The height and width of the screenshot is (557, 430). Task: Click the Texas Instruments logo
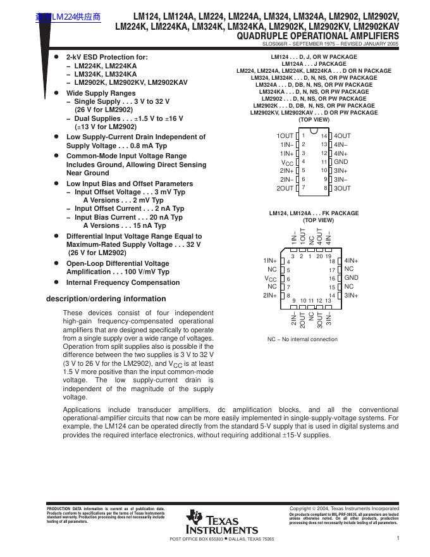(x=221, y=521)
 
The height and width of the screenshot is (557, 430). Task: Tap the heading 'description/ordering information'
(x=106, y=299)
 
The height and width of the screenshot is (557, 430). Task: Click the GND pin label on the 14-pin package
(x=341, y=162)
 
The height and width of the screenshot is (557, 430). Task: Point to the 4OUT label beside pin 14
(x=342, y=136)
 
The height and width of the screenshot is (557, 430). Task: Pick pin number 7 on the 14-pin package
(x=303, y=188)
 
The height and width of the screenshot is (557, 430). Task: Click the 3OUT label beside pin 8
(x=342, y=188)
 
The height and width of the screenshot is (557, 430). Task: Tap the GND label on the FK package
(x=351, y=278)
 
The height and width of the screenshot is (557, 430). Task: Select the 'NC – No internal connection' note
(x=302, y=339)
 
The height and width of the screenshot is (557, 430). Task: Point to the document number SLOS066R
(x=276, y=45)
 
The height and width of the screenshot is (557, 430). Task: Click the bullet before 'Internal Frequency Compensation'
(x=56, y=282)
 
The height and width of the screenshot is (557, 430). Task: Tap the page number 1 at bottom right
(x=398, y=538)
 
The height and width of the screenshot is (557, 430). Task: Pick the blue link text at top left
(x=68, y=17)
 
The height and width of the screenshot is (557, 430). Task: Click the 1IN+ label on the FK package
(x=269, y=261)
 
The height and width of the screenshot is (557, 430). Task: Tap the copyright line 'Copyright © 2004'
(x=344, y=509)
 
